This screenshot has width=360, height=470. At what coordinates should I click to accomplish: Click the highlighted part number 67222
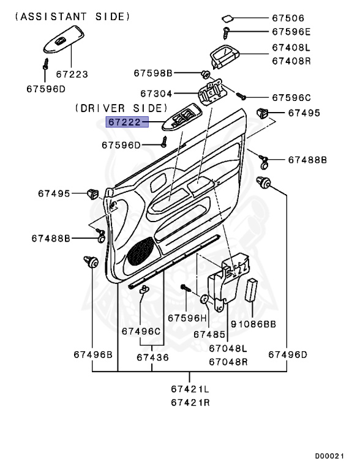tap(124, 122)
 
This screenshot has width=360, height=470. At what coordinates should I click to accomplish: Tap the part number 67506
tap(288, 18)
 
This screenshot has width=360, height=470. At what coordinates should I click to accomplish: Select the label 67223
tap(72, 74)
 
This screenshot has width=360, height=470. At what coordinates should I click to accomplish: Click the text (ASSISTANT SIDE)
tap(73, 17)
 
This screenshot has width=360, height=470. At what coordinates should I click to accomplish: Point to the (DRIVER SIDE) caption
tap(121, 108)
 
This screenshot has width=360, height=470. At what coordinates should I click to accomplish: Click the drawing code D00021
tap(329, 456)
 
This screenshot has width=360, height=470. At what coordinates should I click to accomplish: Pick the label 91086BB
tap(253, 324)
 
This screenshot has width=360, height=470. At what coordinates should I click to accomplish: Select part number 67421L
tap(190, 389)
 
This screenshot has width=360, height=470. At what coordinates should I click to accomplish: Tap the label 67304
tap(156, 94)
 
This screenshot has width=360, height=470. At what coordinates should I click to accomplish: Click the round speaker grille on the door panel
tap(140, 251)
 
